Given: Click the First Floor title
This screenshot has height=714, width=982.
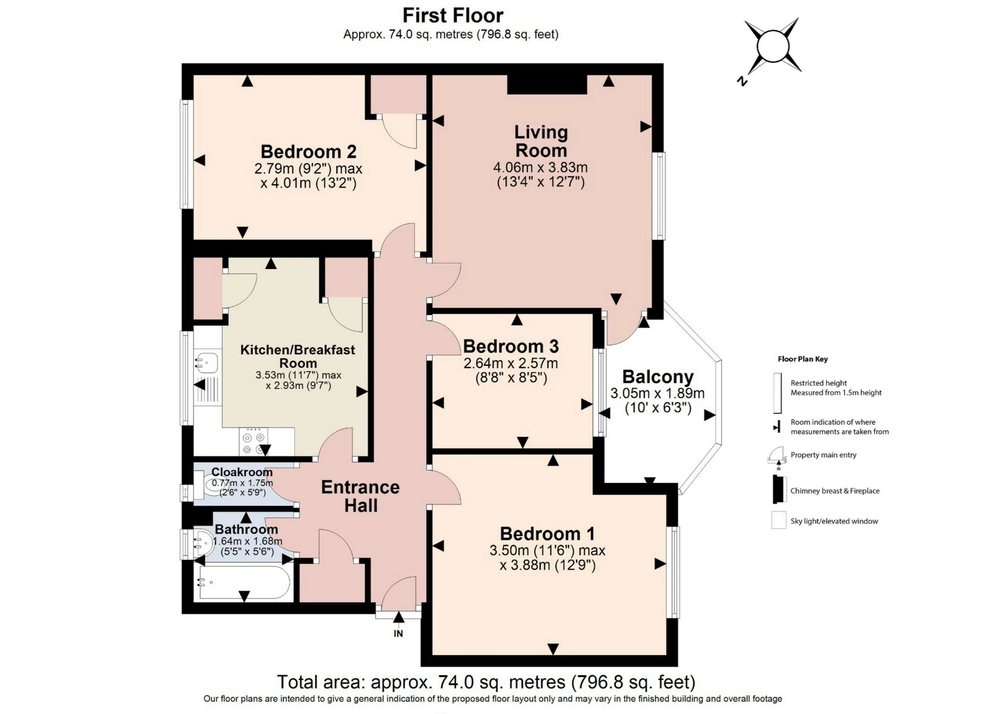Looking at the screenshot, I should pyautogui.click(x=453, y=15).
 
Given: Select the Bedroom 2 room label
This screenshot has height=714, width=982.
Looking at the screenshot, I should pyautogui.click(x=308, y=152).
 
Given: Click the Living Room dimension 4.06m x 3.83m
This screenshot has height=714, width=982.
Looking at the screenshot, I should pyautogui.click(x=540, y=167).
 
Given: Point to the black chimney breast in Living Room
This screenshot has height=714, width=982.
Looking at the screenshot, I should pyautogui.click(x=546, y=84).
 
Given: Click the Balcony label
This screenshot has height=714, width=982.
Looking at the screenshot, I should pyautogui.click(x=658, y=377).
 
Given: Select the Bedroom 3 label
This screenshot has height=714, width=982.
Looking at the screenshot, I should pyautogui.click(x=510, y=346).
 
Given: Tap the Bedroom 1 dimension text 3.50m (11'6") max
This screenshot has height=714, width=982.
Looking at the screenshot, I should pyautogui.click(x=547, y=551).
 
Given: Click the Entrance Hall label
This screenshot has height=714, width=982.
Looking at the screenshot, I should pyautogui.click(x=360, y=496).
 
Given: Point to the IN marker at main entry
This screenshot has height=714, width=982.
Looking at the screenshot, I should pyautogui.click(x=398, y=633).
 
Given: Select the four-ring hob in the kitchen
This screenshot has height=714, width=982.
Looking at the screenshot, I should pyautogui.click(x=254, y=443).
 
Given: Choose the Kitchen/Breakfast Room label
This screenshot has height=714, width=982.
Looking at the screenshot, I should pyautogui.click(x=298, y=356).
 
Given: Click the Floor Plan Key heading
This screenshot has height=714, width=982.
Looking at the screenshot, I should pyautogui.click(x=802, y=359).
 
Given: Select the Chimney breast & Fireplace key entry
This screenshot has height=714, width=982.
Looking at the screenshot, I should pyautogui.click(x=835, y=491).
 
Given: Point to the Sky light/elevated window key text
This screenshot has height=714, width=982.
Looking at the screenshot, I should pyautogui.click(x=834, y=521).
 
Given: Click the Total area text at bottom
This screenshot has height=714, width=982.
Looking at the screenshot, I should pyautogui.click(x=486, y=682).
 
